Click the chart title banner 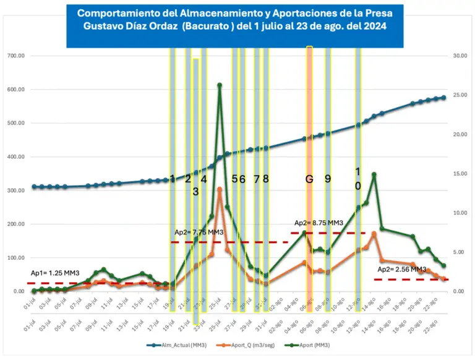(x=235, y=24)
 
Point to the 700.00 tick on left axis (x=15, y=56)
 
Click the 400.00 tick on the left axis (x=15, y=156)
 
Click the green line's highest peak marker (x=220, y=85)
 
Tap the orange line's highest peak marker (x=220, y=189)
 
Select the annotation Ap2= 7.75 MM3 (x=199, y=232)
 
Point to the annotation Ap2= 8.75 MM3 (x=319, y=223)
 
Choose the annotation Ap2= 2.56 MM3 (x=401, y=270)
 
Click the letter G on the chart (x=309, y=179)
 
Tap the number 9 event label (x=328, y=179)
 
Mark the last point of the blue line (x=443, y=98)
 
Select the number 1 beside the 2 (x=173, y=179)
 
